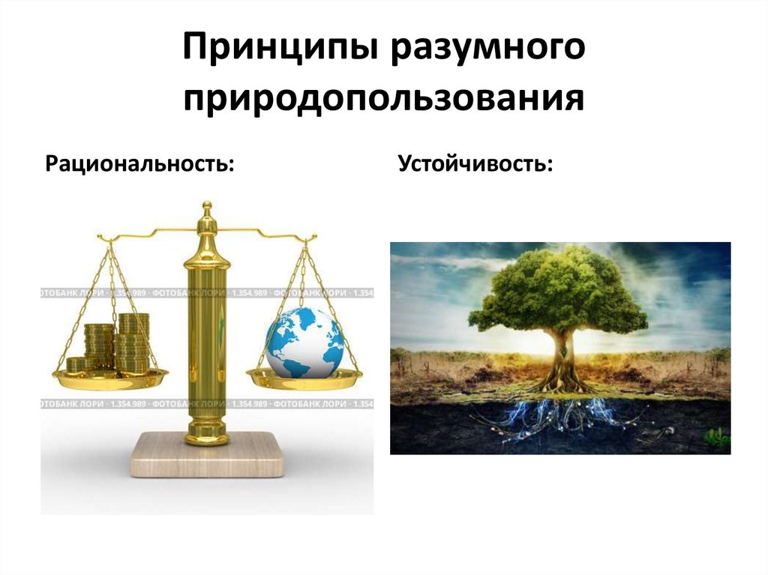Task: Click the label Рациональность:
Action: (139, 163)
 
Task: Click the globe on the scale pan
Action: (304, 342)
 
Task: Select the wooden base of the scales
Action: (208, 455)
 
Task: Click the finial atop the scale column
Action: (207, 210)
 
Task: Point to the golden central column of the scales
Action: (207, 337)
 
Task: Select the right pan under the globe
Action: (304, 381)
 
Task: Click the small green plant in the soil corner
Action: (718, 437)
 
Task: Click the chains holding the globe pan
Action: (331, 307)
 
